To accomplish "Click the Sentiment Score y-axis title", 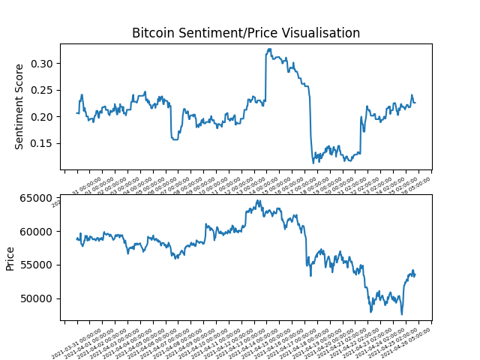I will coord(20,106).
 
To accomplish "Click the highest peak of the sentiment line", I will coord(269,49).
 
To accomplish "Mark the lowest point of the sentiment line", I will coord(313,163).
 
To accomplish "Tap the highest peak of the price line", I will coord(259,200).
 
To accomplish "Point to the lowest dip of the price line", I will coord(402,314).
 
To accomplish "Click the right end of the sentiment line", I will coord(415,102).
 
